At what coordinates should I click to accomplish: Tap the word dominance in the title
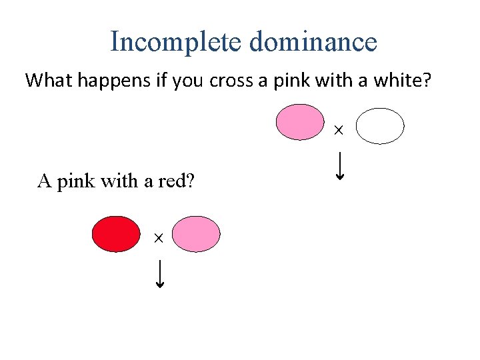(x=313, y=41)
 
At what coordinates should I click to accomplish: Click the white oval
(x=380, y=126)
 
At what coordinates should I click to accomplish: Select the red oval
(x=116, y=234)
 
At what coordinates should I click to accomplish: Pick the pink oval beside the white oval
(x=300, y=122)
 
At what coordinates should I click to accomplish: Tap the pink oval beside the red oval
(x=197, y=234)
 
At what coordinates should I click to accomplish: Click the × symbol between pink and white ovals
(x=338, y=131)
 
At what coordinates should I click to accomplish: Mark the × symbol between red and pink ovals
(x=159, y=238)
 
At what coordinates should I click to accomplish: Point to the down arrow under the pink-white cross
(x=340, y=167)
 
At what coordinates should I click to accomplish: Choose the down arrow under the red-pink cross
(x=160, y=274)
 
